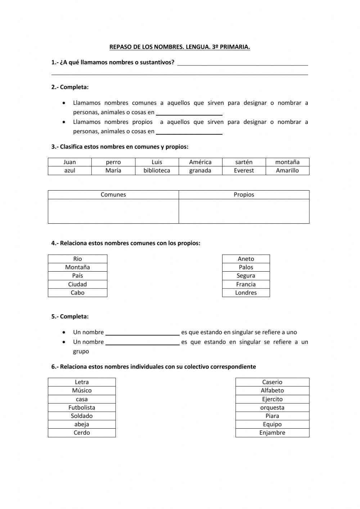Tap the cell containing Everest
click(244, 171)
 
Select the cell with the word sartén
click(244, 162)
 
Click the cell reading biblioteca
click(157, 171)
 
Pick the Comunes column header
click(113, 195)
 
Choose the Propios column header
click(244, 195)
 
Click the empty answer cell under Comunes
click(113, 211)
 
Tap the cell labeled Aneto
click(246, 259)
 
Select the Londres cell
click(246, 293)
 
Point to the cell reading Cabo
click(77, 293)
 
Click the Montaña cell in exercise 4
click(77, 267)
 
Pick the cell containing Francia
click(246, 284)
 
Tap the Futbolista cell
click(82, 407)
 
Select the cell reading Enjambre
click(272, 433)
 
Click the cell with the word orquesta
click(272, 407)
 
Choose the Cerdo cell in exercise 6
click(82, 433)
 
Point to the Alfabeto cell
click(272, 390)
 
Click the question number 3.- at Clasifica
click(55, 147)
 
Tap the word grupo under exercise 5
click(81, 351)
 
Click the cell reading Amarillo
click(287, 171)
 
